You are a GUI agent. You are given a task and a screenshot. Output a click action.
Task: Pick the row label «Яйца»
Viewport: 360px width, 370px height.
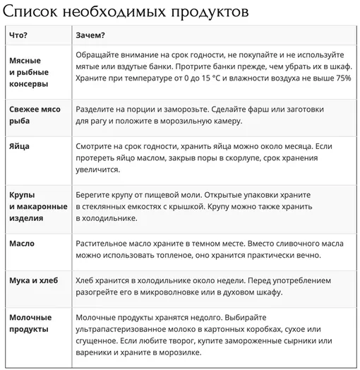point(20,145)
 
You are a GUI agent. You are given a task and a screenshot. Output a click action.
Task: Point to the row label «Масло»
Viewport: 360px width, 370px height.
point(22,244)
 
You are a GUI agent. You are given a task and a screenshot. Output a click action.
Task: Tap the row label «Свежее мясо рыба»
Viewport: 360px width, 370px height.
point(35,114)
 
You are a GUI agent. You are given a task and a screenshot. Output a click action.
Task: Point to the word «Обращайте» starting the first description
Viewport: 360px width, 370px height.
point(98,54)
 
